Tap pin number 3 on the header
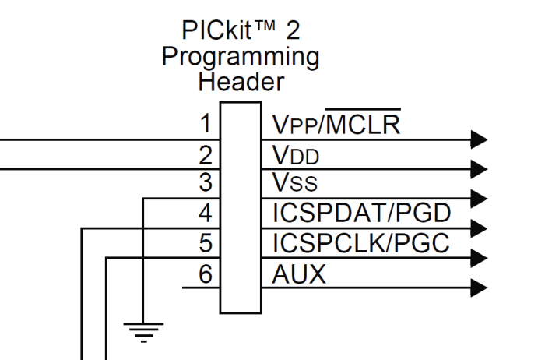tap(206, 184)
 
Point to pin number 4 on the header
tap(206, 213)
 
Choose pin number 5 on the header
tap(206, 242)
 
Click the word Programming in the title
tap(241, 58)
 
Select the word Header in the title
tap(241, 82)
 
